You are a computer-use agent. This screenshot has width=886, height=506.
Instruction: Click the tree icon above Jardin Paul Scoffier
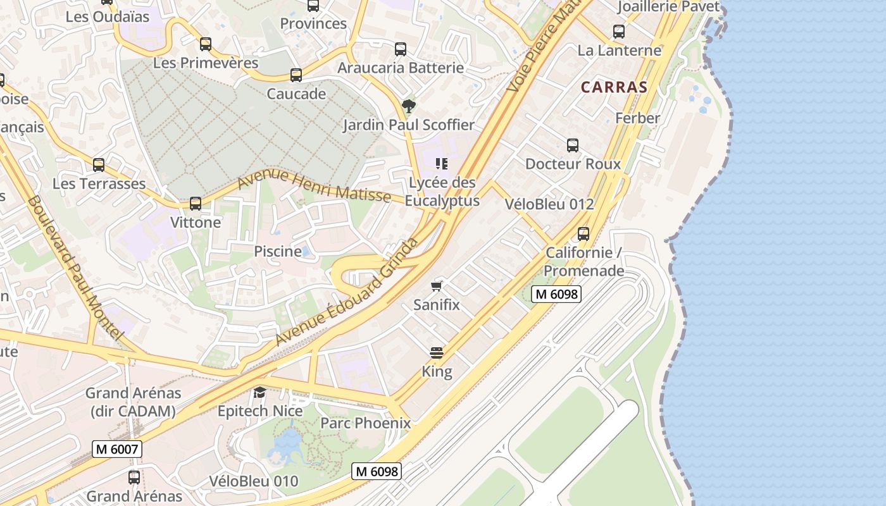[x=409, y=106]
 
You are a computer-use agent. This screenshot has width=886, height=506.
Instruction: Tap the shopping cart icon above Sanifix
[x=436, y=287]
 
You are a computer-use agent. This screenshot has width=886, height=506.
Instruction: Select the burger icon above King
[x=437, y=353]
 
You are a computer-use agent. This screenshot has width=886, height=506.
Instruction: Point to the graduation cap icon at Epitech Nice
[x=259, y=393]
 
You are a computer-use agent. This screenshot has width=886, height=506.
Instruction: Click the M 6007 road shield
[x=117, y=449]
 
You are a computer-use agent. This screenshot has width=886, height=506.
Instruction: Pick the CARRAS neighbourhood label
[x=614, y=87]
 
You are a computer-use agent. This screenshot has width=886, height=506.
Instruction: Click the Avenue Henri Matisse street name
[x=314, y=187]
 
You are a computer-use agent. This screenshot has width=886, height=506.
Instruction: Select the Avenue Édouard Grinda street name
[x=347, y=292]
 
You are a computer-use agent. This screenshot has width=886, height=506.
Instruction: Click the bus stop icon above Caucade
[x=296, y=75]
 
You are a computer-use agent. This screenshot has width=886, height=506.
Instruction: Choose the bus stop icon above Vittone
[x=196, y=204]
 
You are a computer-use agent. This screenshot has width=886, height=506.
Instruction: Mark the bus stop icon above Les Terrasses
[x=99, y=165]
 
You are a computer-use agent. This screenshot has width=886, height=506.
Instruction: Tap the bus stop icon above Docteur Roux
[x=573, y=145]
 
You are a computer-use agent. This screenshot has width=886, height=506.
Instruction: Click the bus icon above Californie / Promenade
[x=583, y=234]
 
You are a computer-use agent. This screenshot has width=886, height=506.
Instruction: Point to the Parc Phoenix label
[x=365, y=423]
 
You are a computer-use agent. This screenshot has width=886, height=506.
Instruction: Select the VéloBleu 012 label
[x=549, y=204]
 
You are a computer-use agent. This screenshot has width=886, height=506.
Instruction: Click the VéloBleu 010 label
[x=253, y=481]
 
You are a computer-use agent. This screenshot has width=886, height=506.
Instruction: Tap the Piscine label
[x=278, y=251]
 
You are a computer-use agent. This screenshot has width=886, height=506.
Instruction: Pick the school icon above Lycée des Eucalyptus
[x=442, y=164]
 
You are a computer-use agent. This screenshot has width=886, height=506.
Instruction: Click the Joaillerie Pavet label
[x=668, y=6]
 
